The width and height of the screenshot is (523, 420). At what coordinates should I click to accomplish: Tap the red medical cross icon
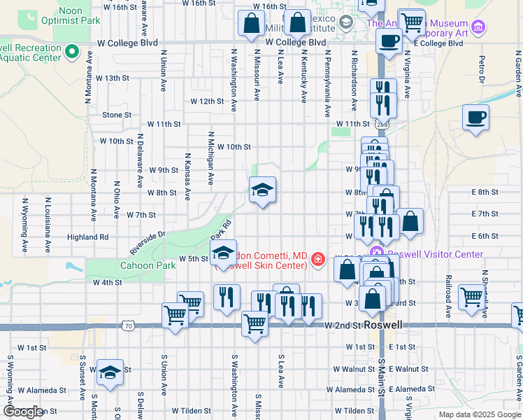(318, 260)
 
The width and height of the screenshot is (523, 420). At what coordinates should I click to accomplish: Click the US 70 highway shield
(127, 325)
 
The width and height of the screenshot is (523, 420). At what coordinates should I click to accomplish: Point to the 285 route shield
(381, 124)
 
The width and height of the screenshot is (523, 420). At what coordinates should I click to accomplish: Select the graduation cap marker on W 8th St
(263, 190)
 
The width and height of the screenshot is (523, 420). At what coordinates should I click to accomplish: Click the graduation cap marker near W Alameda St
(110, 372)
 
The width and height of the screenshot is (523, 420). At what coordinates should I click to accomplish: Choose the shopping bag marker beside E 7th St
(410, 221)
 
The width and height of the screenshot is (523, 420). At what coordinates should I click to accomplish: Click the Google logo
(23, 412)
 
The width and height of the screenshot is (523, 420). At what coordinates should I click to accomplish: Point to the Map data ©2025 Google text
(480, 414)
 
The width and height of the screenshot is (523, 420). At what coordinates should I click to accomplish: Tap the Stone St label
(117, 115)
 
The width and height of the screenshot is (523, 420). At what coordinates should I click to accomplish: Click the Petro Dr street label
(482, 68)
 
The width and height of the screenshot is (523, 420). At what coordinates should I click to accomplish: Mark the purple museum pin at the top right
(478, 28)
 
